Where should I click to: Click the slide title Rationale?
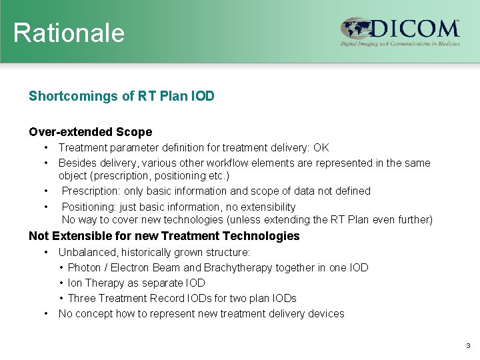pos(69,32)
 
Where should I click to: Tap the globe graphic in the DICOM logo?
pos(355,29)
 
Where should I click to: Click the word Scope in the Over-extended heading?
pos(134,132)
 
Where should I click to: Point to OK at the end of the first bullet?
pos(321,147)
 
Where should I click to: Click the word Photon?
pos(85,267)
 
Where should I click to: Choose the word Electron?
pos(129,267)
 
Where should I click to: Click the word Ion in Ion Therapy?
pos(74,283)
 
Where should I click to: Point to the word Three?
pos(82,298)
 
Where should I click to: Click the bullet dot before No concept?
pos(46,313)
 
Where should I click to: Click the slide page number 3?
pos(468,346)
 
